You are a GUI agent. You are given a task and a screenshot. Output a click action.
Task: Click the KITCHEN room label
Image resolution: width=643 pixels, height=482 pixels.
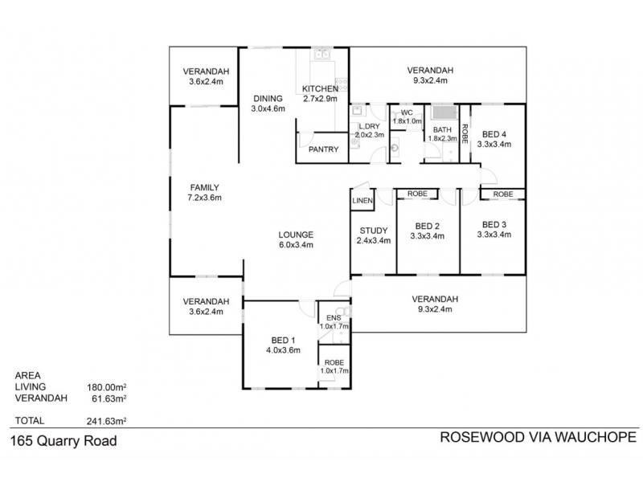[x=320, y=88]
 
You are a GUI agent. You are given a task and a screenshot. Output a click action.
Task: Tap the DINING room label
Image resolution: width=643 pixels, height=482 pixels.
[x=268, y=98]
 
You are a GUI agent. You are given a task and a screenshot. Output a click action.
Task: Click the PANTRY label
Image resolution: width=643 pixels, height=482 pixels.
[x=323, y=149]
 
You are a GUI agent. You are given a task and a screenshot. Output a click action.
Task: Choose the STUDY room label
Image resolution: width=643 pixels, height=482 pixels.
[x=374, y=231]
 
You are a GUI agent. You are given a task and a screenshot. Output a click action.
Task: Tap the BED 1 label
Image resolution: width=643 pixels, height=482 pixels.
[x=283, y=340]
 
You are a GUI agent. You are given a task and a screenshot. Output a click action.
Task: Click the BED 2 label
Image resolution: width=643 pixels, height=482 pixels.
[x=427, y=226]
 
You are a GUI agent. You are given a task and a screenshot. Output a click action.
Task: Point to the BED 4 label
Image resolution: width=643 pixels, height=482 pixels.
[x=494, y=134]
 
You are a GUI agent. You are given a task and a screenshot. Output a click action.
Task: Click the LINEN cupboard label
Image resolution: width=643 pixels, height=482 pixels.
[x=362, y=201]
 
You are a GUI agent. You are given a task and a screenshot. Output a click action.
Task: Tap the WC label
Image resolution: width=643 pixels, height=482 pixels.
[x=407, y=112]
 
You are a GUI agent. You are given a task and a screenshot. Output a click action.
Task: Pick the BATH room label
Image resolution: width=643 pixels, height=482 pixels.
[x=442, y=129]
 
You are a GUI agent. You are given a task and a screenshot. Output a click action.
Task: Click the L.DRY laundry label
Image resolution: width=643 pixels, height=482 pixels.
[x=369, y=127]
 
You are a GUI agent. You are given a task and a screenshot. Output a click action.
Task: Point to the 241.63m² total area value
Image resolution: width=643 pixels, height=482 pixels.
[x=108, y=420]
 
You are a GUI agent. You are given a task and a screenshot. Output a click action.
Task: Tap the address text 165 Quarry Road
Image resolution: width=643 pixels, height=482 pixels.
[x=63, y=440]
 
